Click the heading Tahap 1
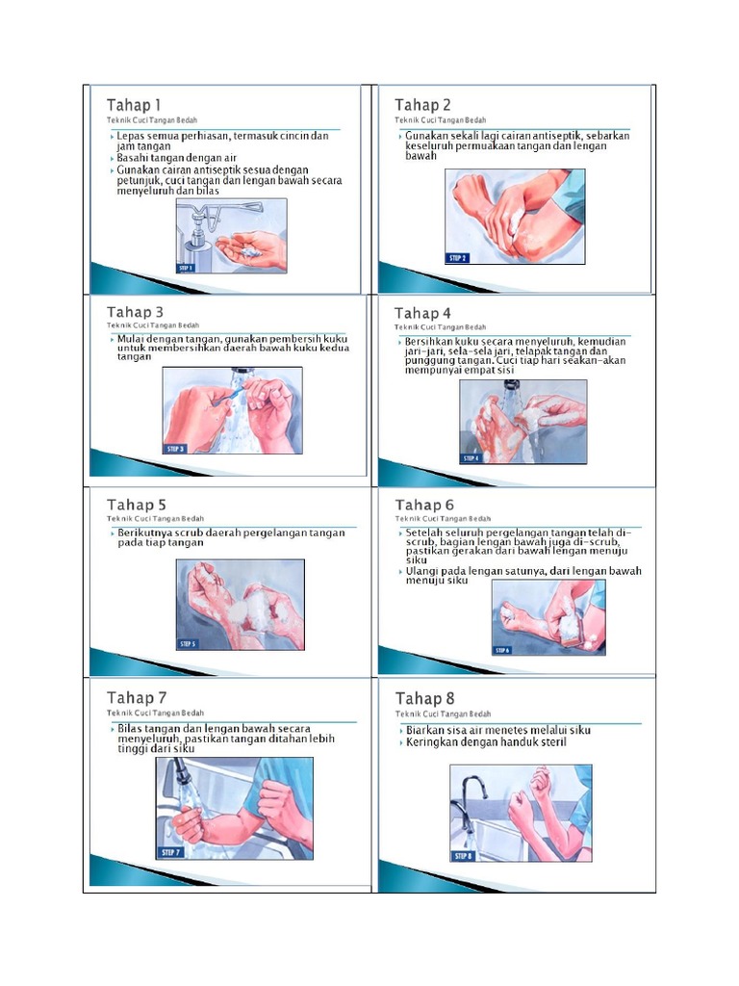(x=133, y=105)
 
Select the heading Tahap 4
(x=422, y=313)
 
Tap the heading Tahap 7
(x=137, y=698)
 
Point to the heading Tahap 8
(x=424, y=699)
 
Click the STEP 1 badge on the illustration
(x=186, y=268)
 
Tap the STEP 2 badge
(x=457, y=258)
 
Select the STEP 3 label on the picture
(x=175, y=449)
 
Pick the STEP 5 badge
(x=188, y=644)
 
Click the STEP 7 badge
(x=171, y=853)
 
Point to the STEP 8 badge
(x=463, y=856)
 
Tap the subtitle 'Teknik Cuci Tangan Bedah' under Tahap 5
(x=155, y=519)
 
